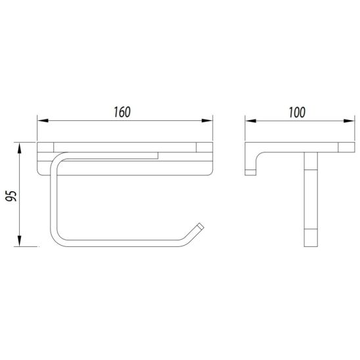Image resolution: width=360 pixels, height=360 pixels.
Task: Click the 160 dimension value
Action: point(122,112)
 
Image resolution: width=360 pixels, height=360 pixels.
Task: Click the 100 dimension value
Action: point(297,112)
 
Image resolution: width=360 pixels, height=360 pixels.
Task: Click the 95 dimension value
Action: point(11,196)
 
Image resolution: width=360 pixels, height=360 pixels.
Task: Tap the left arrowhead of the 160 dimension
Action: point(43,120)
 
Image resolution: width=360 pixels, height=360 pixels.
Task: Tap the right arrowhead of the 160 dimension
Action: point(207,120)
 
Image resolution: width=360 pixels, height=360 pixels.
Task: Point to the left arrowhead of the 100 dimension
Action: point(251,121)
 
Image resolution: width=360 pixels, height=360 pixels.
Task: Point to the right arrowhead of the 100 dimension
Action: point(349,121)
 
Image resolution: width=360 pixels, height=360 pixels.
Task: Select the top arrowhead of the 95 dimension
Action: point(20,148)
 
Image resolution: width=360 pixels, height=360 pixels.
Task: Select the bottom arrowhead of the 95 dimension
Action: point(20,241)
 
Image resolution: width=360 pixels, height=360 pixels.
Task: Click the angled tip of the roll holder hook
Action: point(200,227)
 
